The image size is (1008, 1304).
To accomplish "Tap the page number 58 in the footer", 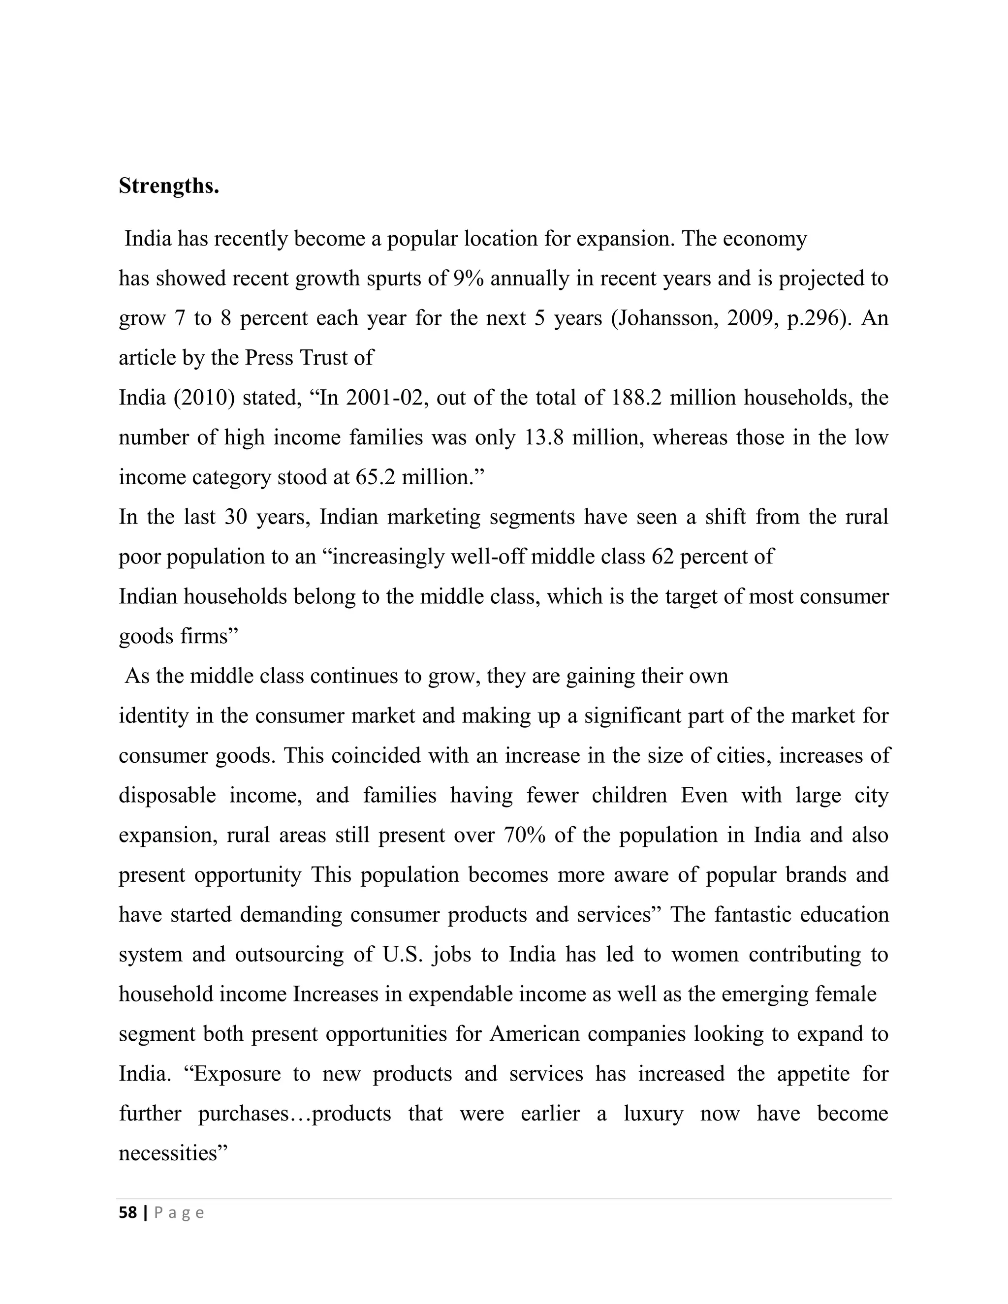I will pos(128,1212).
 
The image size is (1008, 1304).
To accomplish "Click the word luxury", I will pos(653,1113).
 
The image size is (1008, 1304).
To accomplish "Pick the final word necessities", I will pos(173,1153).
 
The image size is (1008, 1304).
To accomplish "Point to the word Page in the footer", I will pos(179,1212).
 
